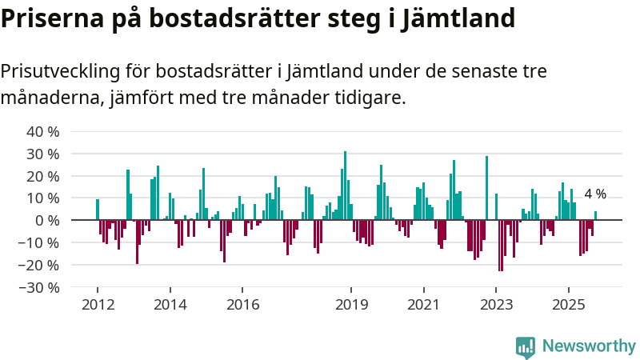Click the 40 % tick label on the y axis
pos(43,131)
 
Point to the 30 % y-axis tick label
pos(43,154)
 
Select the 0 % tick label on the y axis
pos(47,220)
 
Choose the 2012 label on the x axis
pos(98,305)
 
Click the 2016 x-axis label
pos(242,305)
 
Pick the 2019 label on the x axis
pos(351,305)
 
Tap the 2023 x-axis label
pos(496,305)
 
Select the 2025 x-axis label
pos(569,305)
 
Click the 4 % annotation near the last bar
pos(595,194)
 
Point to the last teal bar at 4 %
pos(595,215)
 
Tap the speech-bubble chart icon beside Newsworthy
pos(526,346)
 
